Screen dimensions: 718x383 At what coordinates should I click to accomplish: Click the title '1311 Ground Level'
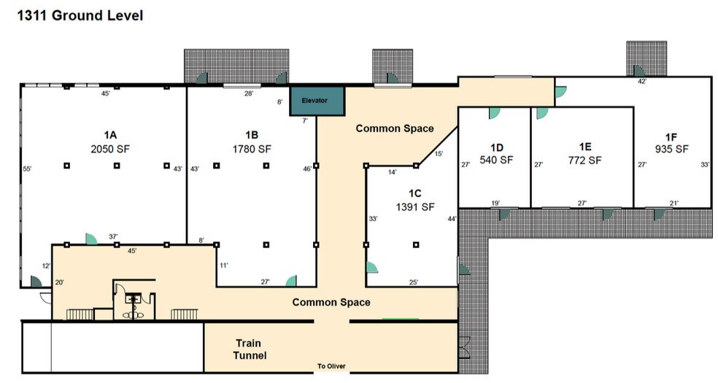click(x=80, y=15)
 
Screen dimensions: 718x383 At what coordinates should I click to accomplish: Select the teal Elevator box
click(x=317, y=101)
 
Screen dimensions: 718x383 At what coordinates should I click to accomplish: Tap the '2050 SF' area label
click(x=110, y=149)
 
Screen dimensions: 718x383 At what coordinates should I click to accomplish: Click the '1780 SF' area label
click(x=252, y=149)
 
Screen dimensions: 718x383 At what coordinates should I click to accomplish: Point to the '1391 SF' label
click(x=415, y=207)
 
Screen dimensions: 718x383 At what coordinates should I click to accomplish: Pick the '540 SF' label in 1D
click(x=496, y=160)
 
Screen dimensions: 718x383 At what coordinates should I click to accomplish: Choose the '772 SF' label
click(x=584, y=160)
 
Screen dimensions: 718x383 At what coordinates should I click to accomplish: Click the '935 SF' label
click(x=671, y=149)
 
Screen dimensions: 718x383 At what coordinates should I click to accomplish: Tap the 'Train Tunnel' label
click(x=249, y=349)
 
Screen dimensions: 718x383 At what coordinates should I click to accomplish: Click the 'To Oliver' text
click(x=331, y=366)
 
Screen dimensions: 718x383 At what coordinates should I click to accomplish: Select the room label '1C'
click(x=415, y=193)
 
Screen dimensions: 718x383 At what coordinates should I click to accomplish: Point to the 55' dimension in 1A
click(x=27, y=169)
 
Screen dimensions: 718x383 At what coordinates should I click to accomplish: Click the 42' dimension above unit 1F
click(x=642, y=82)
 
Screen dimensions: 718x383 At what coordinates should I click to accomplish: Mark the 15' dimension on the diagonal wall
click(x=439, y=154)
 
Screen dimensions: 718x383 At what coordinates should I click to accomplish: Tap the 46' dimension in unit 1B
click(x=307, y=169)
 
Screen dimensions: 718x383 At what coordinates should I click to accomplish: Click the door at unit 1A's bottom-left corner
click(x=36, y=281)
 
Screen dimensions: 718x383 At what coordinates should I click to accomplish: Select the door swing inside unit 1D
click(x=494, y=112)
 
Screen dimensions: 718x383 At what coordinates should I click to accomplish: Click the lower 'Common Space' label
click(x=331, y=302)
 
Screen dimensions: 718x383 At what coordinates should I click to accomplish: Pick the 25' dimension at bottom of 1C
click(x=414, y=282)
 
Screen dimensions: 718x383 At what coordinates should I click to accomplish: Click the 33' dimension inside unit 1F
click(x=705, y=165)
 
